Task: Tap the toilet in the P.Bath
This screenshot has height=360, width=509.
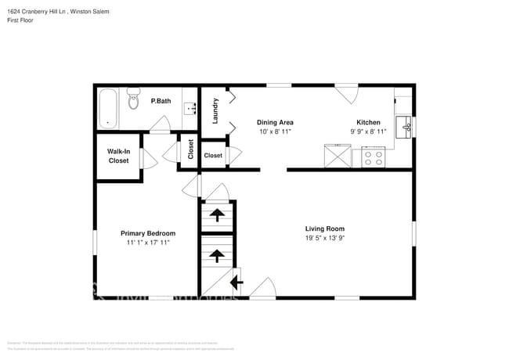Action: (x=133, y=100)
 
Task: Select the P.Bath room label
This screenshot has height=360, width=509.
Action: (x=161, y=101)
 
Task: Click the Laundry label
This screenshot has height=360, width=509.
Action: (x=215, y=110)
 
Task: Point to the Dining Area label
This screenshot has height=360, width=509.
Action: (x=276, y=123)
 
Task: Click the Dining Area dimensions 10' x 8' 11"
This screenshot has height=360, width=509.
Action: (x=276, y=132)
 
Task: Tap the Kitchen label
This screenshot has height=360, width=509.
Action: (x=368, y=123)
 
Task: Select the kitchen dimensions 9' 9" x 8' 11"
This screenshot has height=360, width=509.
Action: (x=368, y=132)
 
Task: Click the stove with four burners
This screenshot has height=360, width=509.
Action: (x=373, y=157)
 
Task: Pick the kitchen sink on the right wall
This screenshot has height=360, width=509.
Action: (x=405, y=126)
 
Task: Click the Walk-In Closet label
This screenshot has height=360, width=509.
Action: (x=118, y=156)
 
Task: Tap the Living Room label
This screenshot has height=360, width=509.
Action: (x=324, y=229)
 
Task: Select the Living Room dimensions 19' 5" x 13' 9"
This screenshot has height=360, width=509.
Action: (x=324, y=239)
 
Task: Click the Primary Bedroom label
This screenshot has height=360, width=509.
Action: (x=147, y=233)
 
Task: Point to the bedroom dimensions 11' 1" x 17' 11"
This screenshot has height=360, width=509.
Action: (x=147, y=243)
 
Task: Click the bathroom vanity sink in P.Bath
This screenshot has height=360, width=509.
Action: (x=190, y=109)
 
